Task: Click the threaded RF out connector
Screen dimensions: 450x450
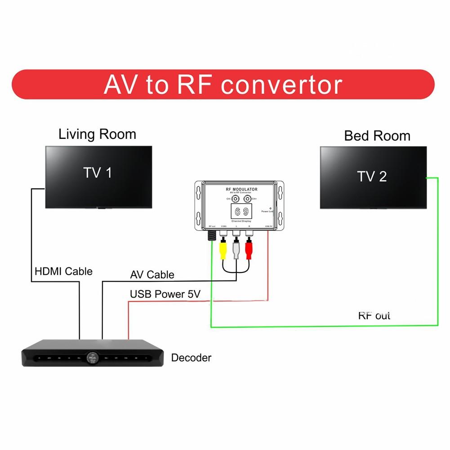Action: [210, 236]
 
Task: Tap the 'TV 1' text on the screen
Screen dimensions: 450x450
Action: [98, 172]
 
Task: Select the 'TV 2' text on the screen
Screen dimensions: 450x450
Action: [372, 176]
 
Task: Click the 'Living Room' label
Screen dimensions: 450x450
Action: [97, 134]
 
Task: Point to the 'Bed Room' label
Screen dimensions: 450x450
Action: [377, 136]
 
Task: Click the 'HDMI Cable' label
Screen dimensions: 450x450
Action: [63, 271]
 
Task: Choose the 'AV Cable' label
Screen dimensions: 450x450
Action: [152, 275]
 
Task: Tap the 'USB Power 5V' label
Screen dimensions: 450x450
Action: [165, 294]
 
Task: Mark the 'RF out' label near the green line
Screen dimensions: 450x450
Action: [374, 315]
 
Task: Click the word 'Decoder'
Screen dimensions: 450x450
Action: [191, 358]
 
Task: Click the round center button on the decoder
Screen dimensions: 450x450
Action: [92, 358]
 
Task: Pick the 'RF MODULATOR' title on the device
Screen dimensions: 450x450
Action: [241, 190]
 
